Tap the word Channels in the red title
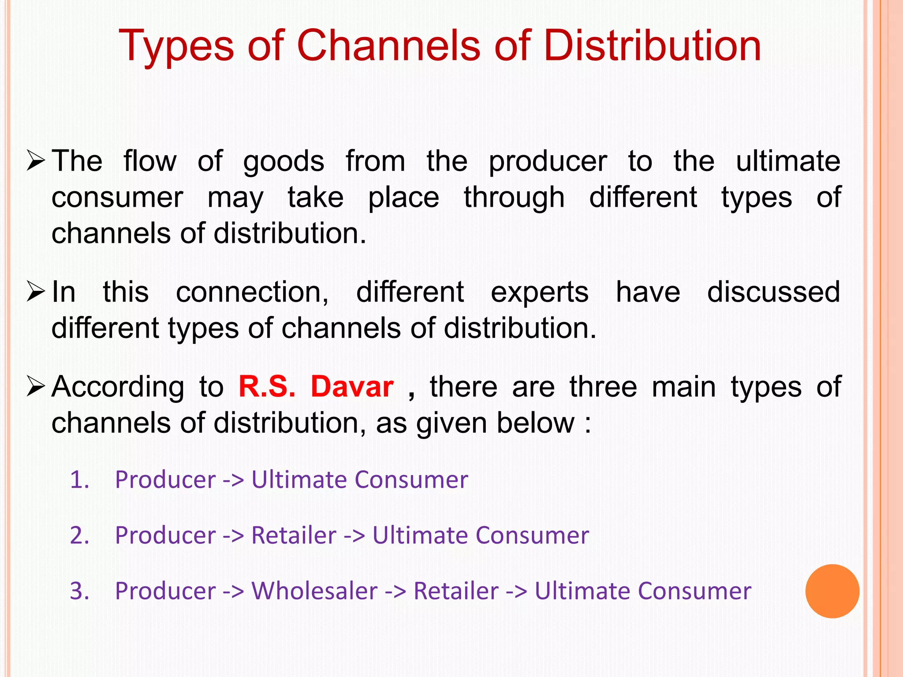[x=388, y=46]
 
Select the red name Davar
[x=352, y=387]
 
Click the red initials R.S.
[x=267, y=387]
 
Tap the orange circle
[x=832, y=591]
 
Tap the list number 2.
[x=80, y=535]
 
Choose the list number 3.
[x=80, y=591]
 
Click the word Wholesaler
[x=314, y=591]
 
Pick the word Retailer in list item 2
[x=294, y=535]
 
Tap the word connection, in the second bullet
[x=252, y=292]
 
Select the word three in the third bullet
[x=603, y=387]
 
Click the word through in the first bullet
[x=514, y=198]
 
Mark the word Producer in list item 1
[x=165, y=480]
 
